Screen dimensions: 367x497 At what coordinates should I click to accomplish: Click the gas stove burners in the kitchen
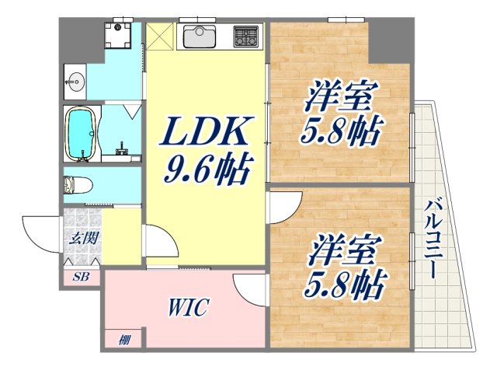[x=246, y=35]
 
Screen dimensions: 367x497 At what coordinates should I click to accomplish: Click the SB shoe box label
[x=81, y=276]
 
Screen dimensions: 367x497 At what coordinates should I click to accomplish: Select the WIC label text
[x=187, y=307]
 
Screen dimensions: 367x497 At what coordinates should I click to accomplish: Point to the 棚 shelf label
[x=124, y=339]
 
